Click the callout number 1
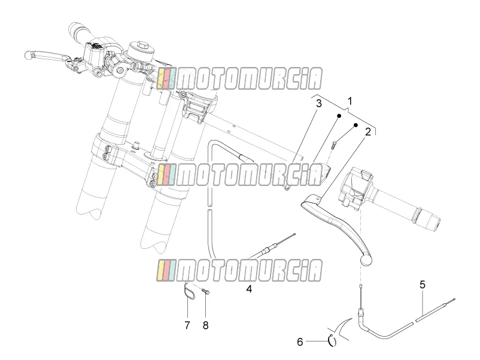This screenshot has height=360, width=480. click(x=350, y=101)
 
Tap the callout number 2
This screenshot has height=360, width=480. click(x=367, y=132)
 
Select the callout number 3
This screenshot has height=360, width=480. click(x=318, y=103)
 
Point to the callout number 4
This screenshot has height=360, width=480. click(x=249, y=288)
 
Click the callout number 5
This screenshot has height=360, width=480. click(x=423, y=285)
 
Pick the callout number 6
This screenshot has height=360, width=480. click(x=300, y=341)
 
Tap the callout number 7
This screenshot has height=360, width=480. click(x=187, y=325)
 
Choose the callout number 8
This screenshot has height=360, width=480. click(x=205, y=325)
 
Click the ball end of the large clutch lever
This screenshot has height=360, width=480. click(x=366, y=260)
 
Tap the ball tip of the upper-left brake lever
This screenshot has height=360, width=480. click(x=29, y=55)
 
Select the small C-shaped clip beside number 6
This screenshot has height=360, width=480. click(x=332, y=340)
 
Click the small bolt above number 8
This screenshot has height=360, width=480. click(x=206, y=292)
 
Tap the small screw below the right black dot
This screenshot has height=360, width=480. click(x=334, y=144)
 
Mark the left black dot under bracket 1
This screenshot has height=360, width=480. click(x=339, y=116)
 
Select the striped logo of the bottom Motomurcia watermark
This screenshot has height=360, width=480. click(x=166, y=270)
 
